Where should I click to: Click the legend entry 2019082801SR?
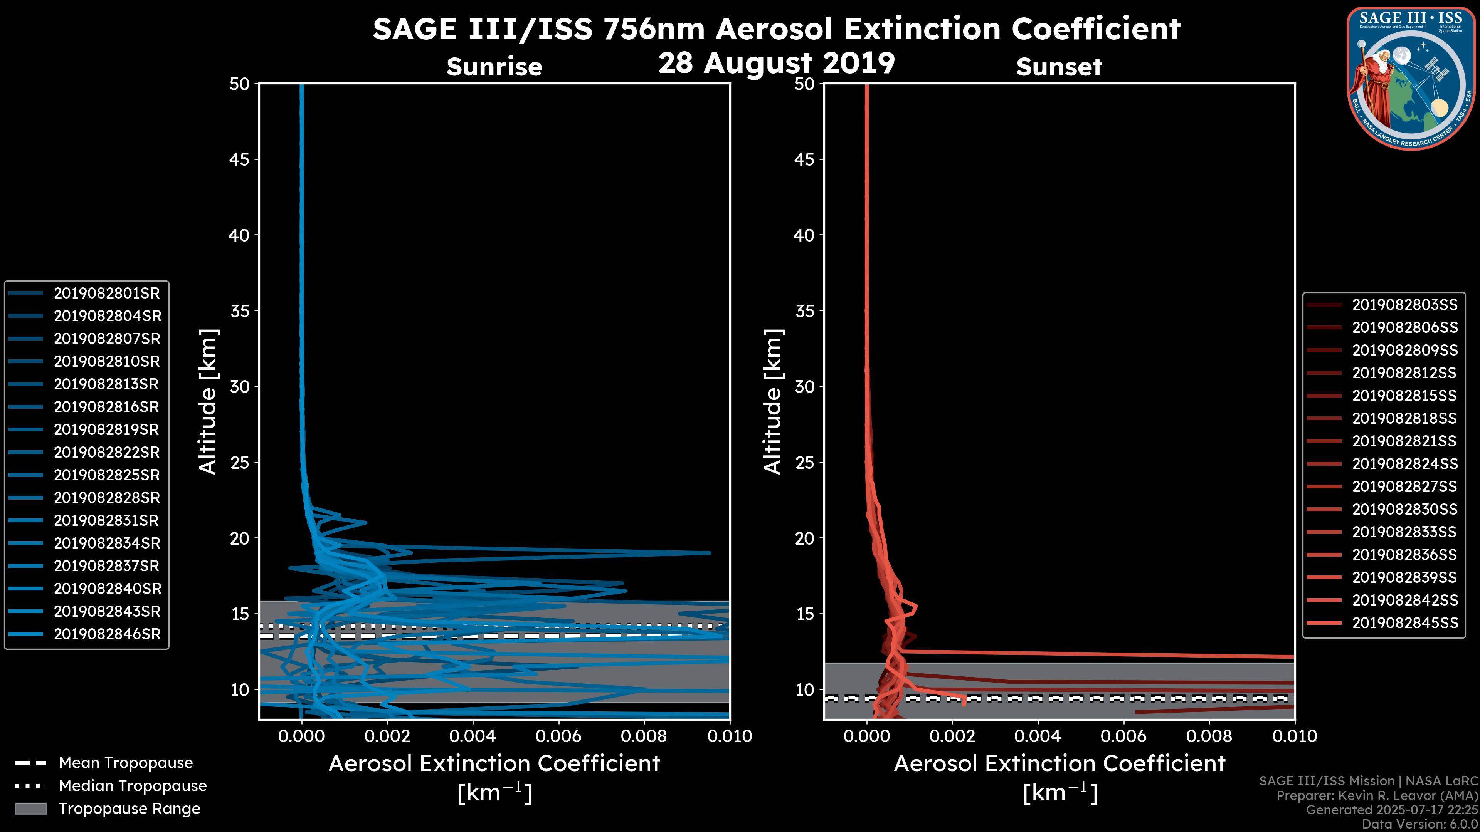(x=106, y=294)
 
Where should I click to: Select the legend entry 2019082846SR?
(x=107, y=634)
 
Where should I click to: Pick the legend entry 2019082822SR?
(x=106, y=453)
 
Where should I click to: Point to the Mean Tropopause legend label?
(x=126, y=763)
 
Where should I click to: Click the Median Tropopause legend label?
(x=133, y=786)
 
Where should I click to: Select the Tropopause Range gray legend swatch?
(x=30, y=809)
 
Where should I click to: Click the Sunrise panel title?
(x=494, y=67)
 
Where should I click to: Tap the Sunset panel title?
(x=1059, y=67)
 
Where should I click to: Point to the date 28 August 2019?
(x=776, y=63)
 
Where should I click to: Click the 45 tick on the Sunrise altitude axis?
(x=240, y=159)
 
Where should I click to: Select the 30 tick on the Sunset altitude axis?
(x=804, y=387)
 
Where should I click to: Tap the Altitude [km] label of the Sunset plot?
(x=773, y=402)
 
